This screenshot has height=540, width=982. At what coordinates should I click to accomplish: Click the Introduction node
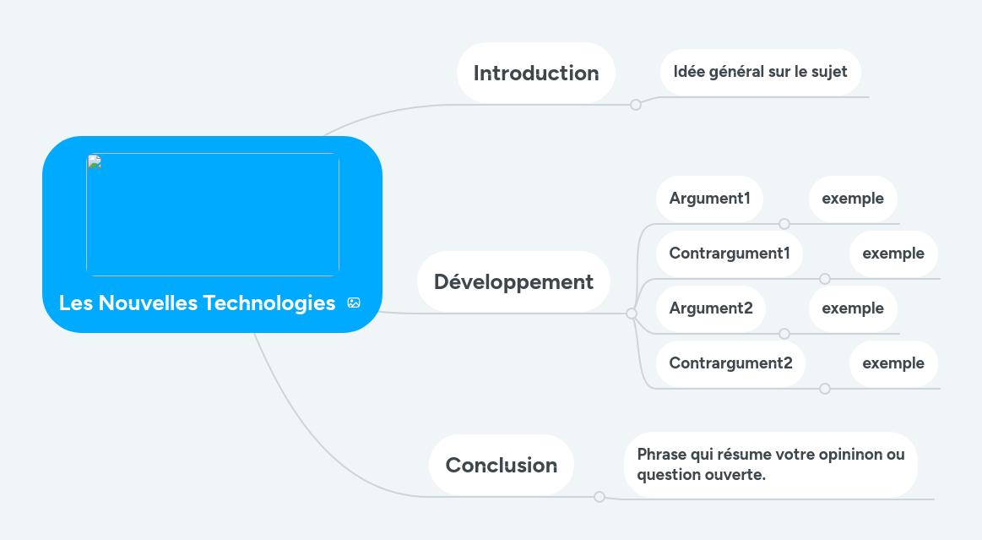536,74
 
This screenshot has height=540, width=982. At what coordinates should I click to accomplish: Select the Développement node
513,281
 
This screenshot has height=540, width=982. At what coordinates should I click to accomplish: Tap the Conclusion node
501,465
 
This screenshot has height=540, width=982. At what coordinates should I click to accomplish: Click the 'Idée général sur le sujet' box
760,72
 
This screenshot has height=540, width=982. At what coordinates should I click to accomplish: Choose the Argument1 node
709,199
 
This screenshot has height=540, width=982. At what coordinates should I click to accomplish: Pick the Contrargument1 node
730,254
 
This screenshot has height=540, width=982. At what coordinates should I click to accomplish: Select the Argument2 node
711,308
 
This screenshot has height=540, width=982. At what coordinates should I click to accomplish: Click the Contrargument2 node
730,363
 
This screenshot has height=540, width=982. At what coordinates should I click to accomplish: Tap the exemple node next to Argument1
853,199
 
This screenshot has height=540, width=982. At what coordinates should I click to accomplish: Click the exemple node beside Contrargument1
893,254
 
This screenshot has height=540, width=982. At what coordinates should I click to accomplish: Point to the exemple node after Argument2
853,308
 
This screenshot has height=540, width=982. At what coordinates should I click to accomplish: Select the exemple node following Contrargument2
893,363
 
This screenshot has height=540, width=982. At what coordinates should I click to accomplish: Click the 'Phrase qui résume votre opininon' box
770,465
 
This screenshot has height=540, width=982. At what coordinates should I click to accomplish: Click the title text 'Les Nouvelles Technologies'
198,303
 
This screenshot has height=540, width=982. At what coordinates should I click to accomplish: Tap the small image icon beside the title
354,303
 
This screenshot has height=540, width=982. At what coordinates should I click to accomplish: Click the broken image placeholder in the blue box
213,215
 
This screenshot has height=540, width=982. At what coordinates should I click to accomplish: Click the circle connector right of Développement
632,314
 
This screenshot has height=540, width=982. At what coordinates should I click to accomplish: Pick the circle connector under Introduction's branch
636,105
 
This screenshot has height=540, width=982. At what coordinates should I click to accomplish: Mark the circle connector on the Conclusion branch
600,497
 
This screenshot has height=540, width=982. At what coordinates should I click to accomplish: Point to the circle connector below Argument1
784,224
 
